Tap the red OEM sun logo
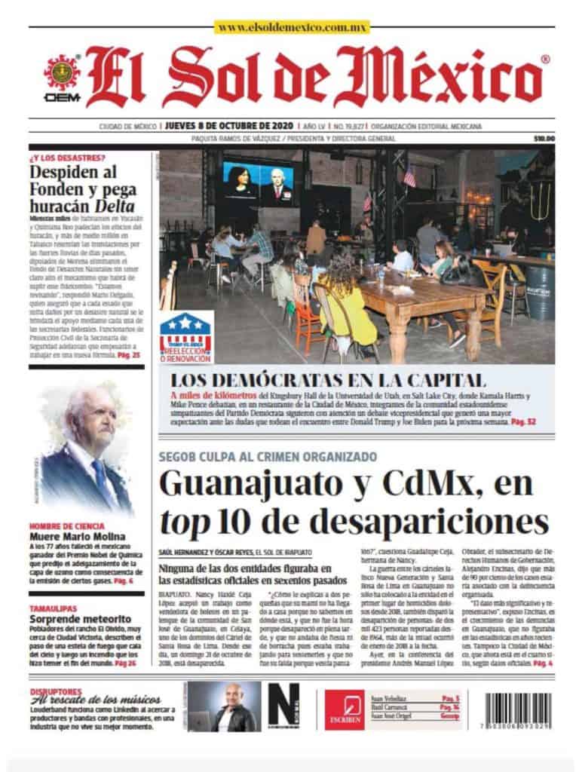[x=63, y=73]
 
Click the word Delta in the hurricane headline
[x=115, y=205]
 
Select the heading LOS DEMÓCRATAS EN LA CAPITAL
[x=326, y=380]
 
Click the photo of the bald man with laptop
[x=224, y=707]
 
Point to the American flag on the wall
[x=409, y=177]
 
